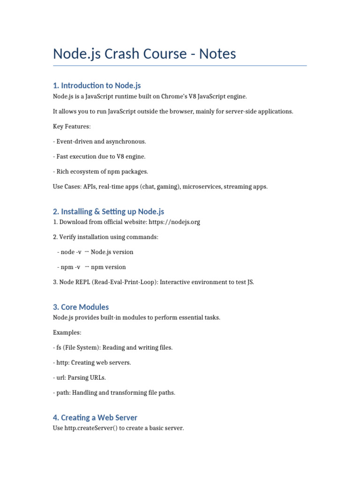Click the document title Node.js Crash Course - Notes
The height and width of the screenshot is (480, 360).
(x=144, y=54)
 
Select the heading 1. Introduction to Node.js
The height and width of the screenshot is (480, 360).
(x=97, y=85)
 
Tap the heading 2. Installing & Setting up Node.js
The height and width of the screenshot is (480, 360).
(x=108, y=211)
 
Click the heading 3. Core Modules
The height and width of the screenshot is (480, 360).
(x=81, y=307)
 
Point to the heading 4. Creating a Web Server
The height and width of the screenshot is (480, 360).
(x=95, y=417)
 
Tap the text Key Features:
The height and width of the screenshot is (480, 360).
(x=72, y=126)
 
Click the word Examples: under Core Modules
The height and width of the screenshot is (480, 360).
(x=67, y=332)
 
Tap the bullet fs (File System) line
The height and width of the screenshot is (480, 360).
(x=112, y=347)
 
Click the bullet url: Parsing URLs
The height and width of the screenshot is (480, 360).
(x=79, y=377)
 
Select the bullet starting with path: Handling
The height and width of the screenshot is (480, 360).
(x=114, y=392)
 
